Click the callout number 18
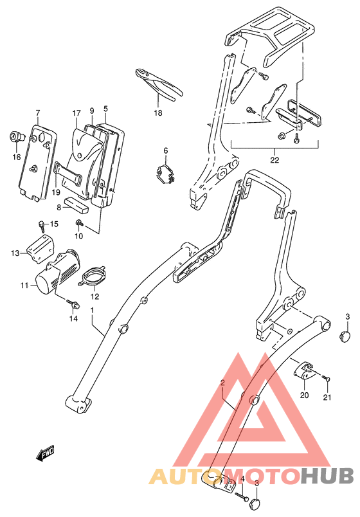[x=158, y=113]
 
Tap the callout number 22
[x=274, y=160]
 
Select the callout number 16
[x=17, y=158]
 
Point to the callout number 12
[x=94, y=296]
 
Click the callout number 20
[x=304, y=395]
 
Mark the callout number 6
[x=165, y=150]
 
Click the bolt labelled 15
[x=42, y=224]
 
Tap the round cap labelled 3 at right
[x=345, y=336]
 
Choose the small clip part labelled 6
[x=166, y=174]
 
